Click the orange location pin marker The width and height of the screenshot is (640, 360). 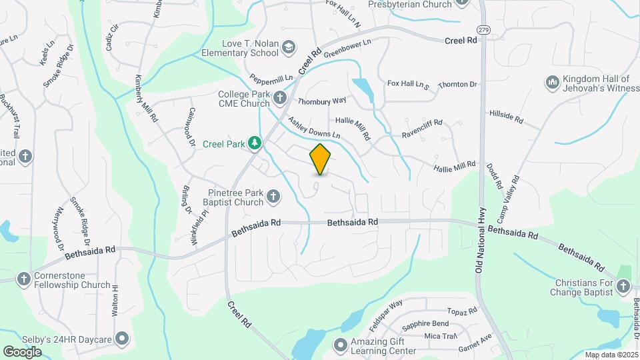click(x=321, y=159)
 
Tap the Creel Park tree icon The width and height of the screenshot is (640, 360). click(x=254, y=143)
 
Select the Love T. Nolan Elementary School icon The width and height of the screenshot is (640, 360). click(x=288, y=47)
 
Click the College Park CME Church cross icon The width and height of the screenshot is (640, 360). click(x=280, y=98)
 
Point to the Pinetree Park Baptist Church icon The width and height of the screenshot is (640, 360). click(x=273, y=197)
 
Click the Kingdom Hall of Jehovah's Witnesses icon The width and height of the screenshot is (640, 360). click(x=552, y=82)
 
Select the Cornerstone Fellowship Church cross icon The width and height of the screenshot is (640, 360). click(x=24, y=279)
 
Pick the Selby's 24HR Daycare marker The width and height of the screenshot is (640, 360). click(x=122, y=339)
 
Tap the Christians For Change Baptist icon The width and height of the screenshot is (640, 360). click(x=623, y=286)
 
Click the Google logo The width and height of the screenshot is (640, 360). click(x=22, y=351)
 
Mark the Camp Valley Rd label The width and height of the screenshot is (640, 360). click(x=514, y=190)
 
